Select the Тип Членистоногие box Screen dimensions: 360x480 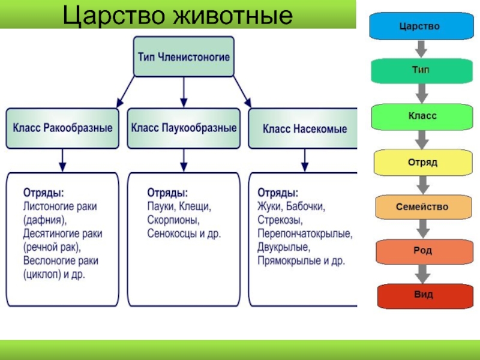point(184,56)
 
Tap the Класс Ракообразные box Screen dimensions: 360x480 point(62,128)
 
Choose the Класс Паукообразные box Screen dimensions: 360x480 point(184,128)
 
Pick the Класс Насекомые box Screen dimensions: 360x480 point(304,128)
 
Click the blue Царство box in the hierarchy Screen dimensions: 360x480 point(421,27)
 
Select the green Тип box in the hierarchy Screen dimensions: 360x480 point(421,71)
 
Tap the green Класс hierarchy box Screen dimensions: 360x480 point(421,116)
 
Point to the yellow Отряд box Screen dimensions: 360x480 point(421,162)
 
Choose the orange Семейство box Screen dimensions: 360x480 point(421,207)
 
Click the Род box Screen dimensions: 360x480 point(421,251)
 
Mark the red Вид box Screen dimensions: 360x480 point(421,295)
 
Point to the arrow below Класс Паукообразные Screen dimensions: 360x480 point(184,160)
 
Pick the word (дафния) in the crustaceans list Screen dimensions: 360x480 point(46,220)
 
